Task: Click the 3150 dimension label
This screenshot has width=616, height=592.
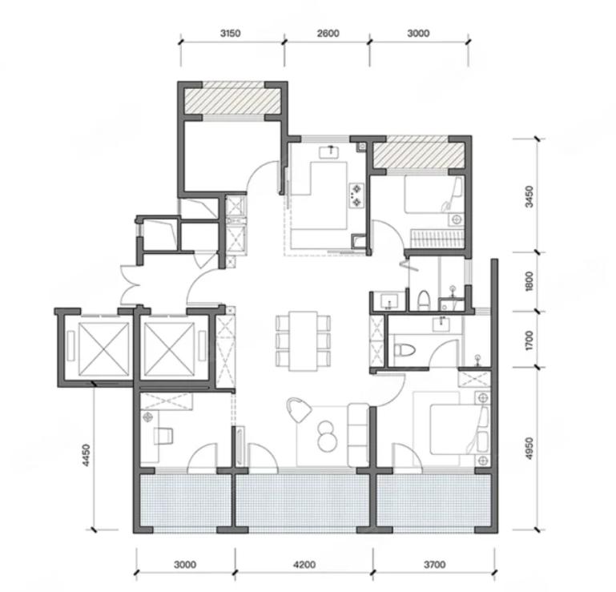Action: (x=230, y=34)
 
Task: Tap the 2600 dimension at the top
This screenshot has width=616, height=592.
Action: (x=328, y=34)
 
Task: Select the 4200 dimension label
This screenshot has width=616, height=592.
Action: (x=304, y=565)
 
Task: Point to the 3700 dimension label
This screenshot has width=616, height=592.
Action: (x=435, y=565)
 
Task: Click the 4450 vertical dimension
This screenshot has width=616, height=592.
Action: (x=87, y=455)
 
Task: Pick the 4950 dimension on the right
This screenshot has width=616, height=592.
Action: (x=529, y=449)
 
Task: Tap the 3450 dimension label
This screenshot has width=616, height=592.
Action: (x=529, y=196)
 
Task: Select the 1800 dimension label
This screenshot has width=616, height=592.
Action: (x=529, y=281)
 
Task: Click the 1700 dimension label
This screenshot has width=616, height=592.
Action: (x=529, y=340)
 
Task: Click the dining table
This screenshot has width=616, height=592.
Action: (x=303, y=341)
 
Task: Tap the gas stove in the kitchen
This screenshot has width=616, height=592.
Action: (x=356, y=195)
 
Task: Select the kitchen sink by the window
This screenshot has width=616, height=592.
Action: (x=332, y=151)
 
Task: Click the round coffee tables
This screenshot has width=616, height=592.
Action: (x=327, y=436)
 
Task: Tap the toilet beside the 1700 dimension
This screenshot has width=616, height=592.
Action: (x=405, y=349)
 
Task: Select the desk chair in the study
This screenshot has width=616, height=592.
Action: (x=164, y=436)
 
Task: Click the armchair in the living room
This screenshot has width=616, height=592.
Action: (x=299, y=409)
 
